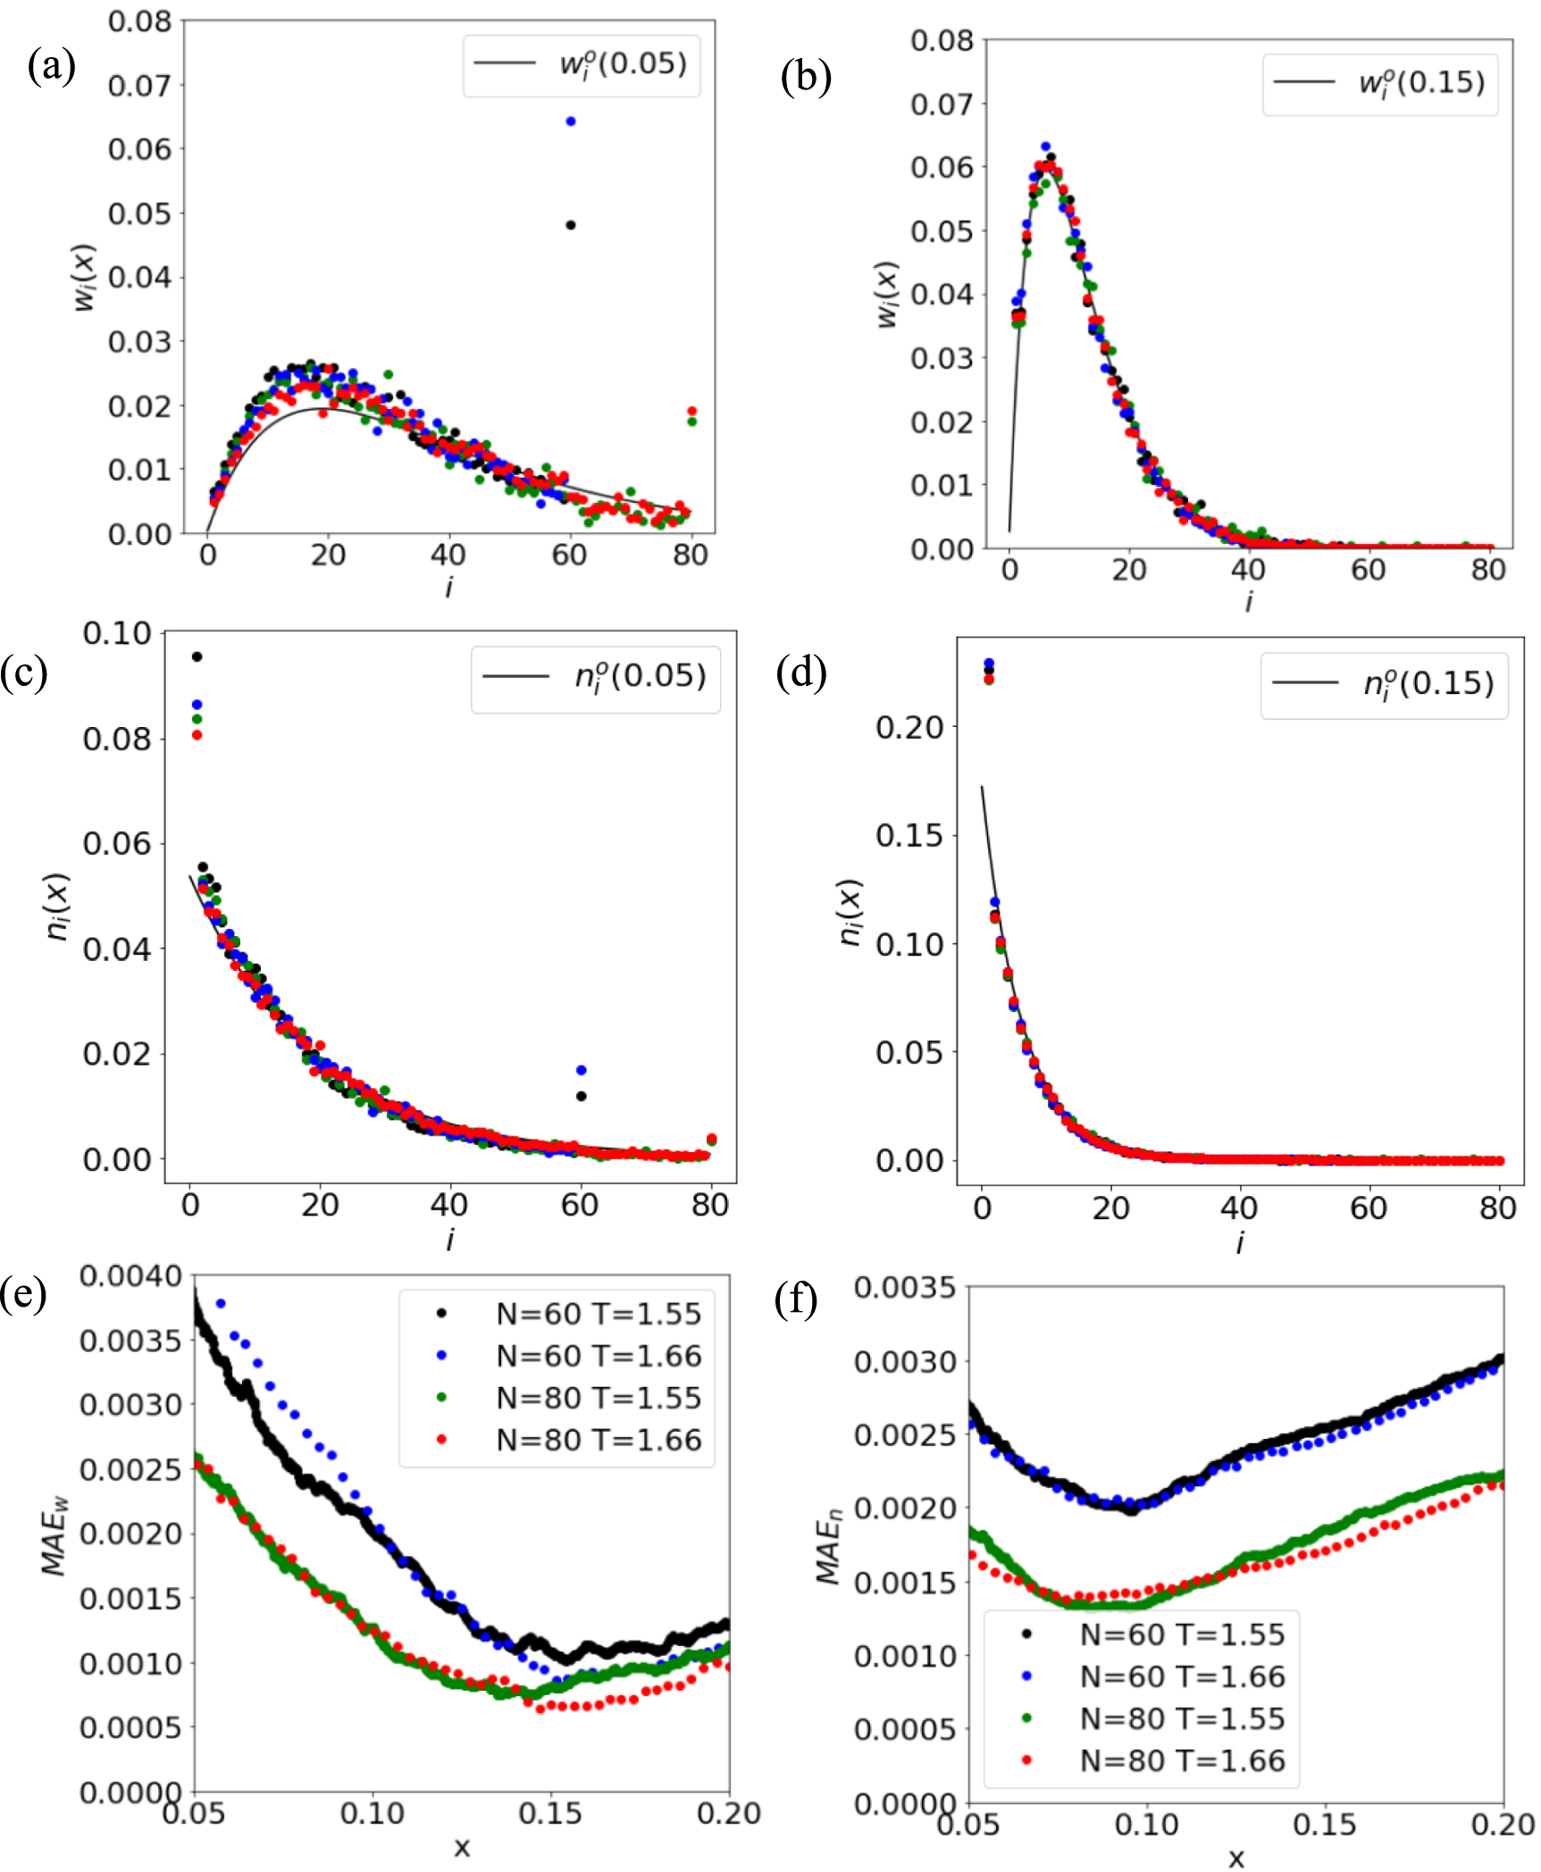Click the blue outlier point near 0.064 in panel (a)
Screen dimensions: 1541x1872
coord(570,121)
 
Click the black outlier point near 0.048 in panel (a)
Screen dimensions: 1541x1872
coord(570,225)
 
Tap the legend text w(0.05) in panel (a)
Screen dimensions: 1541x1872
coord(623,64)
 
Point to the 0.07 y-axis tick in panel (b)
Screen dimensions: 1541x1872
coord(940,104)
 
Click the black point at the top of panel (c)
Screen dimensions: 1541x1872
coord(197,656)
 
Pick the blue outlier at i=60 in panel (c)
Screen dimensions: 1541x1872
coord(581,1070)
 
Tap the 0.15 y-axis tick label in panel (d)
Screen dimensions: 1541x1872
coord(909,835)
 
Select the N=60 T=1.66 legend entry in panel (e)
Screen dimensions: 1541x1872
coord(599,1356)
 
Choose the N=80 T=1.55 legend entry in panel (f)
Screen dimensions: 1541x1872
coord(1181,1718)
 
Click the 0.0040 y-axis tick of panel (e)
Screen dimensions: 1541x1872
coord(130,1276)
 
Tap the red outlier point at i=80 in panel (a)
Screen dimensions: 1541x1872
coord(691,411)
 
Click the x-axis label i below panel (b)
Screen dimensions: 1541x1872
coord(1248,602)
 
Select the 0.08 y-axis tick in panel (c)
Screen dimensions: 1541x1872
coord(117,739)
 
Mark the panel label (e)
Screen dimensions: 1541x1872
coord(24,1292)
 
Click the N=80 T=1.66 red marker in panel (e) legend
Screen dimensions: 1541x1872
coord(441,1440)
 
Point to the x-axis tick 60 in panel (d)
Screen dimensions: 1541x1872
coord(1368,1208)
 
